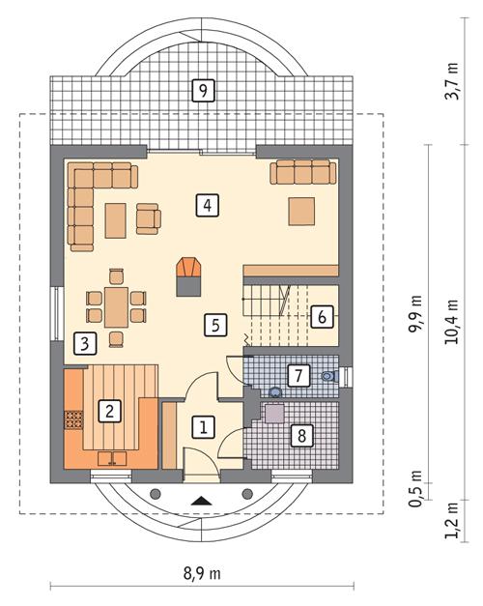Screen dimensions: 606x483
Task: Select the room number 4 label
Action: [x=205, y=204]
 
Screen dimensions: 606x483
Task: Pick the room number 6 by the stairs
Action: [x=323, y=316]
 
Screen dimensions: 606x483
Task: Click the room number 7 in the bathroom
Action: [x=299, y=375]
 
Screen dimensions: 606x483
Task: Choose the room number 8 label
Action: [x=302, y=436]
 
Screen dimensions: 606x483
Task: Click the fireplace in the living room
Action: [x=187, y=274]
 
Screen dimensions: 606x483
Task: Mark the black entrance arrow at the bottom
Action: [x=202, y=501]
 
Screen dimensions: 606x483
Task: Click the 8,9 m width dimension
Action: [x=202, y=572]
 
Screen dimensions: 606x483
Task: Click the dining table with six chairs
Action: [x=116, y=307]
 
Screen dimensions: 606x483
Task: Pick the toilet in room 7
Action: [x=329, y=376]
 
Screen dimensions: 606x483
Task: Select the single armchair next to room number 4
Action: [x=148, y=217]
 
